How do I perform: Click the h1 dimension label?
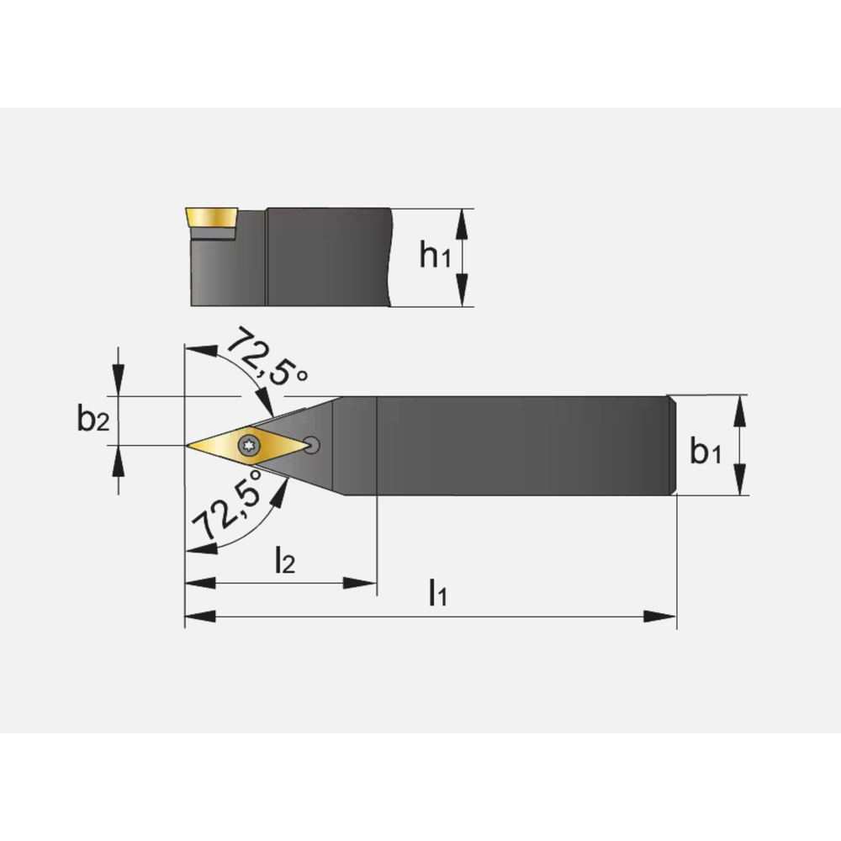(x=435, y=256)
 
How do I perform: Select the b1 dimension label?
(x=706, y=451)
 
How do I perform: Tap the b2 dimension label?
(x=93, y=418)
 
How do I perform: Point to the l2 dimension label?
(x=285, y=559)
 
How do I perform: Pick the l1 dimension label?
(x=438, y=592)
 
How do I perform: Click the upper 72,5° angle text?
(x=267, y=356)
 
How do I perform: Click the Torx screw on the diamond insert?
(x=249, y=445)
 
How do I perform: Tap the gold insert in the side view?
(x=211, y=218)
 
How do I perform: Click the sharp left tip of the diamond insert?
(x=186, y=445)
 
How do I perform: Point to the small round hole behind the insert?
(x=311, y=445)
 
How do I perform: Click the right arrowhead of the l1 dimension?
(x=659, y=616)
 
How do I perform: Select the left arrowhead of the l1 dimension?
(x=201, y=616)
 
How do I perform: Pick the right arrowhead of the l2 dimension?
(x=360, y=583)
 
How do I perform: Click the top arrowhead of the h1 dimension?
(x=462, y=225)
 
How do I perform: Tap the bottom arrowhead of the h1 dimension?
(x=462, y=290)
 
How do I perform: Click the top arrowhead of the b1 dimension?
(x=739, y=411)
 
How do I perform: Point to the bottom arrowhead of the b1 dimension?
(x=739, y=479)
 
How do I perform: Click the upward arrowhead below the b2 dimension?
(x=119, y=461)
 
